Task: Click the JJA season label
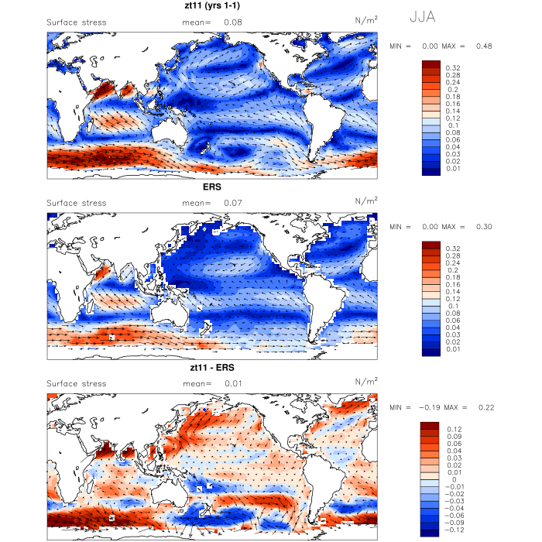[x=424, y=16]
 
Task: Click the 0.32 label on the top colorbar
[x=452, y=68]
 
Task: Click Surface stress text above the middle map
[x=77, y=203]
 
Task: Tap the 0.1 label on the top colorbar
[x=450, y=124]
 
